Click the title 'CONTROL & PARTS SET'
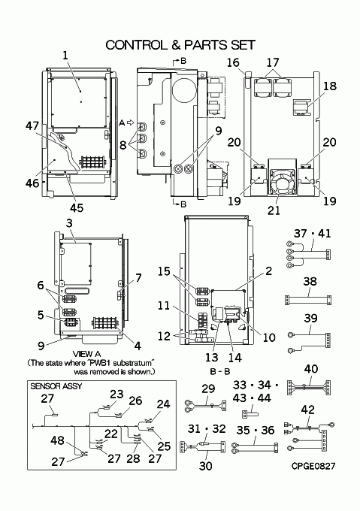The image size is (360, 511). pos(180,45)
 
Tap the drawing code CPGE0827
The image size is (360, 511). pos(313,466)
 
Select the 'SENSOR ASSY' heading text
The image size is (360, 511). pos(56,386)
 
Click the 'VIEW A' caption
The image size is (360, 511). pos(86,354)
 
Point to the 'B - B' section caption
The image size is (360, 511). pos(220,371)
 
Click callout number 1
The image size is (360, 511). pos(65,55)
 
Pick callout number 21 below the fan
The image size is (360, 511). pos(274,210)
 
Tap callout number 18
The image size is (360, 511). pos(329,86)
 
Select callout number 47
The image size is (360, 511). pos(32,125)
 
